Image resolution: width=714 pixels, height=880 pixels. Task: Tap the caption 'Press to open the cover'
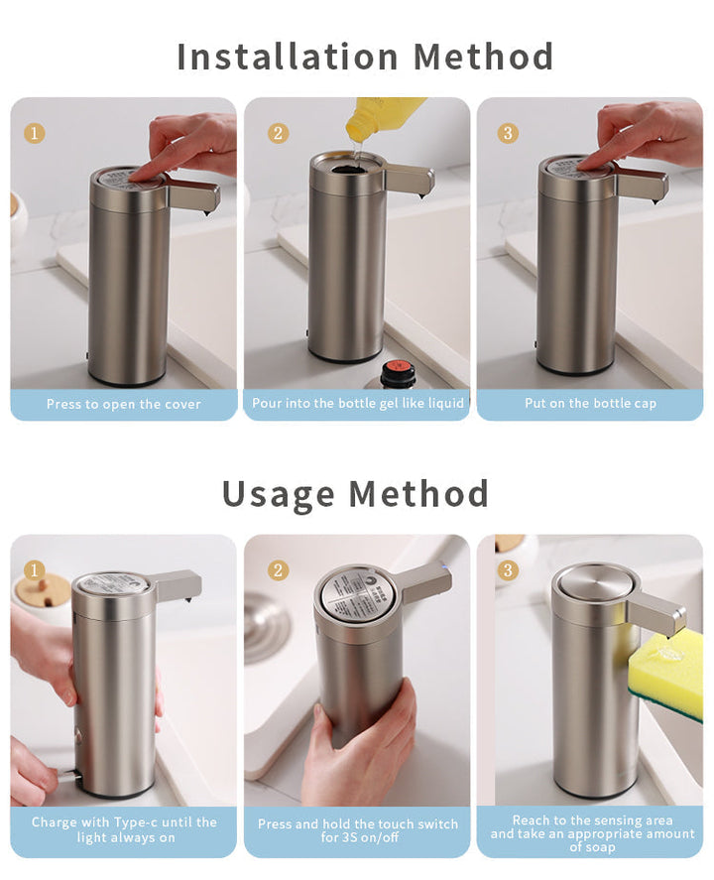(x=123, y=404)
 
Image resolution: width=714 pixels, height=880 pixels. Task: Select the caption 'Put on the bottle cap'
(x=590, y=404)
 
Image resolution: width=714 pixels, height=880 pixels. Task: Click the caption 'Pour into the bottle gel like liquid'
(x=357, y=404)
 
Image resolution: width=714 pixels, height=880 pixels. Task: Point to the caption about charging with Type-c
(x=123, y=829)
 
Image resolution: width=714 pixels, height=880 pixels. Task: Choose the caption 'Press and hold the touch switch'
(x=357, y=830)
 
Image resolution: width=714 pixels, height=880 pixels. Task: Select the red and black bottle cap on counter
(x=396, y=373)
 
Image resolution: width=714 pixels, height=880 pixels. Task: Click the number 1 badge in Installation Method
(x=35, y=133)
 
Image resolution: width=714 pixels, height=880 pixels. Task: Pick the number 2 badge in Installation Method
(x=279, y=133)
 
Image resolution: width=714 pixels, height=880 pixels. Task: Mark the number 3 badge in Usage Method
(x=509, y=569)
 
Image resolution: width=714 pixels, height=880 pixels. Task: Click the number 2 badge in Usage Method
(x=279, y=569)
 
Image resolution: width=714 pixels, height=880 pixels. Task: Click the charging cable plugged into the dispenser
(x=65, y=777)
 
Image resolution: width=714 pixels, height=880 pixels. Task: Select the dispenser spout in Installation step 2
(x=412, y=180)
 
